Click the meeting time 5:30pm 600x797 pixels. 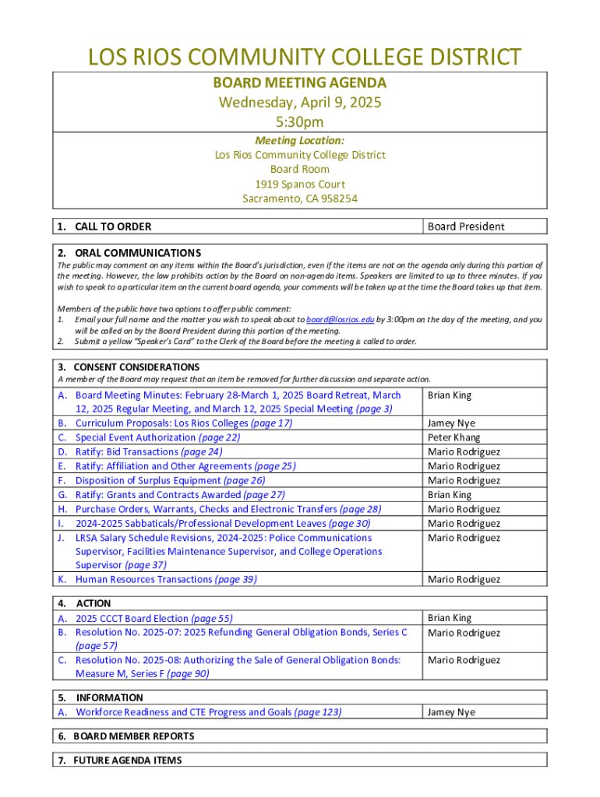click(x=300, y=121)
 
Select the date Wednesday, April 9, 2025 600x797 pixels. click(x=300, y=102)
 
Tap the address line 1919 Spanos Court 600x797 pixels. click(x=300, y=184)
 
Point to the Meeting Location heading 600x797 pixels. click(x=300, y=140)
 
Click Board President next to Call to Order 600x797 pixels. click(x=466, y=226)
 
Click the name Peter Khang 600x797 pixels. click(x=454, y=437)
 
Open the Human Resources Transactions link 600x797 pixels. click(x=165, y=579)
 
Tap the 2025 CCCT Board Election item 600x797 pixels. click(x=154, y=619)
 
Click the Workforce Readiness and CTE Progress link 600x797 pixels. click(x=208, y=712)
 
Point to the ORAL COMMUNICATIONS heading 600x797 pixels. click(x=137, y=253)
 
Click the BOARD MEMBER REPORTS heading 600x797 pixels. click(x=133, y=736)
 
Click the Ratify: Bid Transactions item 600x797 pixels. click(x=148, y=451)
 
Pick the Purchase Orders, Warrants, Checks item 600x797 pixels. click(x=228, y=509)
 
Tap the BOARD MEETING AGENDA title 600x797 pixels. click(x=300, y=83)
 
